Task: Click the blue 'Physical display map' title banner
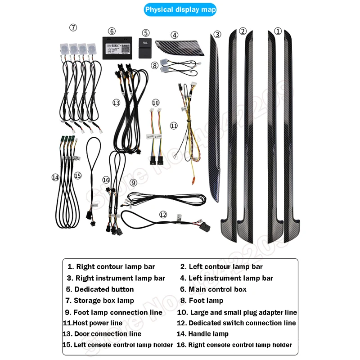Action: point(180,9)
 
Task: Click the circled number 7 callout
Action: point(73,28)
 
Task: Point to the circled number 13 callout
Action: point(116,103)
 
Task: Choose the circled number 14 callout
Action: point(55,177)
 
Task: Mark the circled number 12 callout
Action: point(163,215)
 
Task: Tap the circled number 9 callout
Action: point(133,183)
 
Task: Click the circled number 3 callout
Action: point(217,34)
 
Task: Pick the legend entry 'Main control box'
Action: point(217,289)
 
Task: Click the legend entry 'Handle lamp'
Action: point(208,334)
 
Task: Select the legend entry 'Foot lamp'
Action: point(206,301)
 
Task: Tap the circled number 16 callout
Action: point(106,180)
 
